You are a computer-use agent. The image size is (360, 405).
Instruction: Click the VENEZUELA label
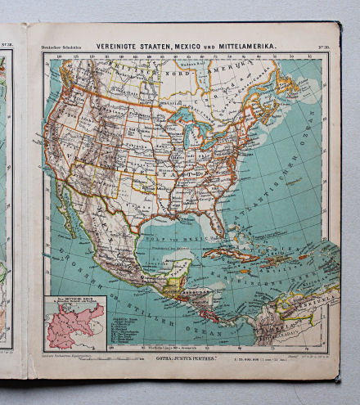click(x=295, y=307)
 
